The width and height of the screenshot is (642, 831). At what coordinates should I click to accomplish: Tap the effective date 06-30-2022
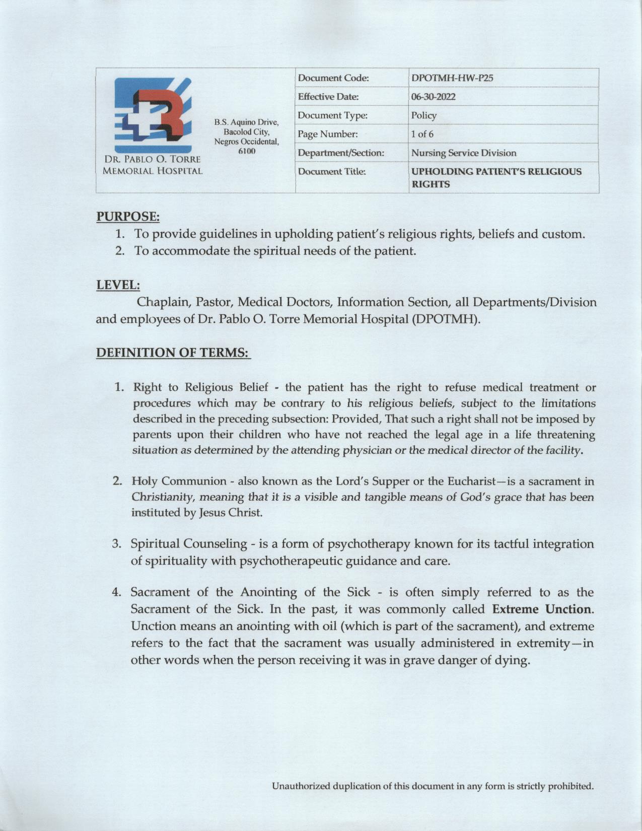tap(433, 97)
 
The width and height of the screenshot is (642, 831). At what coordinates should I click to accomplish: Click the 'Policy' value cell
tap(423, 115)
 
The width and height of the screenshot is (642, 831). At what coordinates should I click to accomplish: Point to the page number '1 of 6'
tap(422, 134)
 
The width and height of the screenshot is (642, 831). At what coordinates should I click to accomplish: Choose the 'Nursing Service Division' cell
tap(464, 153)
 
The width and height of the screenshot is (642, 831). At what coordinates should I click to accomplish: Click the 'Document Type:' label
tap(332, 115)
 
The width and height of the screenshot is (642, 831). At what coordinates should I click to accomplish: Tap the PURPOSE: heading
tap(128, 217)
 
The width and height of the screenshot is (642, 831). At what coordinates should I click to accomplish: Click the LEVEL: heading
tap(118, 285)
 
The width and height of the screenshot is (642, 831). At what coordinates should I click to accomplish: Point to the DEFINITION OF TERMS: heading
tap(173, 353)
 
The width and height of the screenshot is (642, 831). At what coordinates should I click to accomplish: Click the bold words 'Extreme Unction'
tap(541, 609)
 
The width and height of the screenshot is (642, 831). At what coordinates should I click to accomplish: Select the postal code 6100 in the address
tap(247, 151)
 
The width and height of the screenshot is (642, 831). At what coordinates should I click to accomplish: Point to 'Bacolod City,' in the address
tap(247, 132)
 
